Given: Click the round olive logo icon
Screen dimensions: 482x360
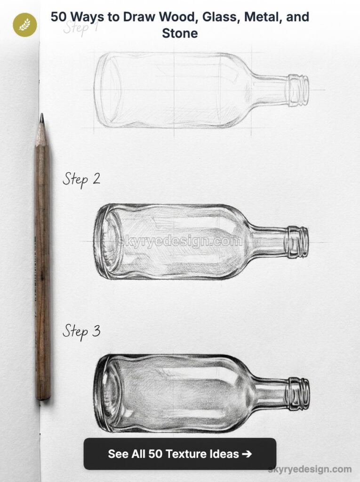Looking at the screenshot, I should [25, 25].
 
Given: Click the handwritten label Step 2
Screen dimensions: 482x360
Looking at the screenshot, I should [81, 179].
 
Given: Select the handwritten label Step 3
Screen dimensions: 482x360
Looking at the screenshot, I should [81, 331].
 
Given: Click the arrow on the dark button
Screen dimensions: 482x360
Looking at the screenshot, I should [246, 454].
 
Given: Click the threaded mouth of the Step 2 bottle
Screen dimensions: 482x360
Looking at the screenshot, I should [298, 242].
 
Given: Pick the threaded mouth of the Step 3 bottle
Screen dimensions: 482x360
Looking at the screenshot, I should [299, 393].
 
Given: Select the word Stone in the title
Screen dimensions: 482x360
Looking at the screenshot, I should [180, 33].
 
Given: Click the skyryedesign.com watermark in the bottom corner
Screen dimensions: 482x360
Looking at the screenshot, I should [310, 469].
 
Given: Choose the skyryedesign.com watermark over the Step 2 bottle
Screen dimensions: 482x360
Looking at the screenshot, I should [180, 241].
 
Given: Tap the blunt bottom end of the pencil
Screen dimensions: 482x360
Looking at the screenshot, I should [44, 397].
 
